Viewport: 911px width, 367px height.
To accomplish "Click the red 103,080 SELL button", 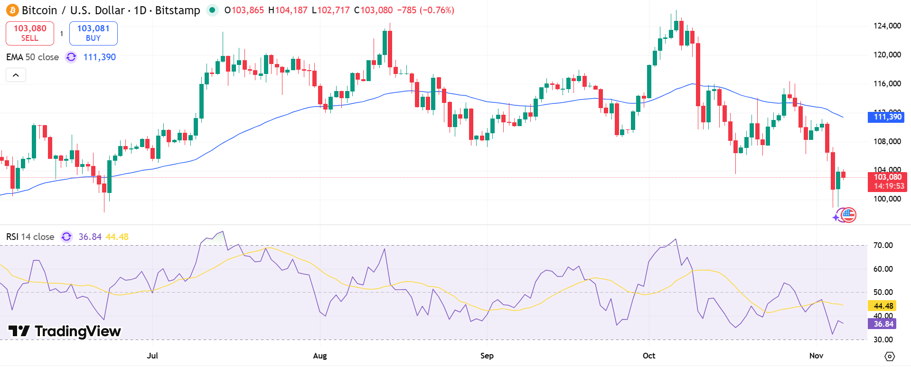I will click(30, 33).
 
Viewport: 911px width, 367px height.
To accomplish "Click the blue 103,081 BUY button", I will click(93, 33).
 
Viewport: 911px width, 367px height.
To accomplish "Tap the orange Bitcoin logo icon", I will click(12, 10).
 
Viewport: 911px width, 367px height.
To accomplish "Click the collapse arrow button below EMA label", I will click(16, 75).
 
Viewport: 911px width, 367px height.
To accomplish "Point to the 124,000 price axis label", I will click(887, 26).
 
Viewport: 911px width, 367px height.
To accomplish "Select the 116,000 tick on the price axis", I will click(887, 83).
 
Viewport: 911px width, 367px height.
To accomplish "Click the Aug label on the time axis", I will click(320, 356).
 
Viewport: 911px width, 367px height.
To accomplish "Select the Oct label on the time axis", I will click(648, 356).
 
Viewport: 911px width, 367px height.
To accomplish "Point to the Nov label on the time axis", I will click(816, 356).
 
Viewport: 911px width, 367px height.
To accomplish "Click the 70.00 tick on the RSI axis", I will click(883, 245).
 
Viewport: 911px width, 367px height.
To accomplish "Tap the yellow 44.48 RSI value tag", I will click(883, 306).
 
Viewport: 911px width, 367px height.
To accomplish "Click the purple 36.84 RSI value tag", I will click(883, 324).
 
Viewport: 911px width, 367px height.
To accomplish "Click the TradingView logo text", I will click(65, 331).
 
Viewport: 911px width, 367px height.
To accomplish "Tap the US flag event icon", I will click(848, 215).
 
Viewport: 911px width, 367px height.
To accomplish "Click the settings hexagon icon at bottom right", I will click(890, 356).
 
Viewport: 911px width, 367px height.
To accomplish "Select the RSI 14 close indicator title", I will click(30, 237).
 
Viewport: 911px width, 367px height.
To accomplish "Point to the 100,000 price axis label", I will click(887, 199).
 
